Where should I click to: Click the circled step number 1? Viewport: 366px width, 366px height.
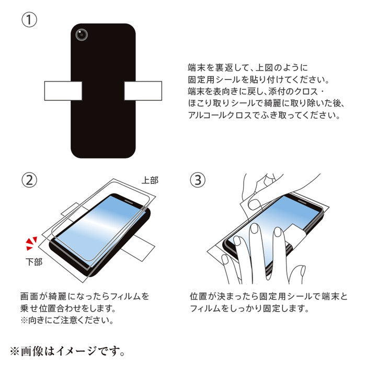pyautogui.click(x=29, y=20)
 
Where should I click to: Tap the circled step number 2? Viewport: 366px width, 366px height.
pyautogui.click(x=29, y=180)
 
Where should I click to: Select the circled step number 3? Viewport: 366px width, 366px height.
pyautogui.click(x=198, y=180)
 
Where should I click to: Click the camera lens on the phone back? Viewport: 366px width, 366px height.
pyautogui.click(x=82, y=35)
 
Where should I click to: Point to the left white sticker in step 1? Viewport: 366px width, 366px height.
pyautogui.click(x=63, y=91)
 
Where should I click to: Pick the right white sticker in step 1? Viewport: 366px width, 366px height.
pyautogui.click(x=143, y=91)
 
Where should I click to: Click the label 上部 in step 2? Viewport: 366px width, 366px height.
pyautogui.click(x=150, y=180)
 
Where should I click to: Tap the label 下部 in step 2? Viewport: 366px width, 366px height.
pyautogui.click(x=34, y=261)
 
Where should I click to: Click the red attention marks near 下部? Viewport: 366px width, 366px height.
pyautogui.click(x=31, y=243)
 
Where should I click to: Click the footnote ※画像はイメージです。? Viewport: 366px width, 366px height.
pyautogui.click(x=67, y=351)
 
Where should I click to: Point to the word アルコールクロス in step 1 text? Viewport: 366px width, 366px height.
pyautogui.click(x=220, y=115)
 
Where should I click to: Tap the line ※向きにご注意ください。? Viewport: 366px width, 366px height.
pyautogui.click(x=67, y=320)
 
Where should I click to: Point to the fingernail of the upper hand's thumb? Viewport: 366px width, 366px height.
pyautogui.click(x=254, y=205)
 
